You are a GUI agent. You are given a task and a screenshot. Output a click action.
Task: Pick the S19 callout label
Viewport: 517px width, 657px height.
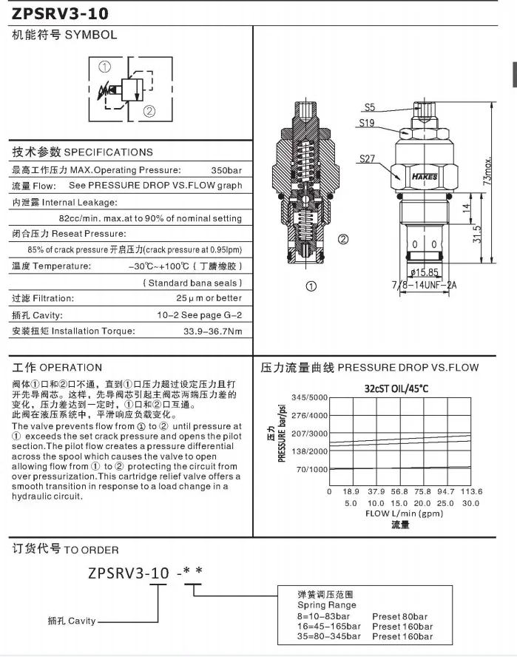pyautogui.click(x=367, y=124)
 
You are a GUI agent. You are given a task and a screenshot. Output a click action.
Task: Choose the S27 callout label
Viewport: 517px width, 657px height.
pyautogui.click(x=368, y=158)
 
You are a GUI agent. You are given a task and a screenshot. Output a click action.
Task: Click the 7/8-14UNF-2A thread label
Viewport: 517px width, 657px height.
pyautogui.click(x=423, y=285)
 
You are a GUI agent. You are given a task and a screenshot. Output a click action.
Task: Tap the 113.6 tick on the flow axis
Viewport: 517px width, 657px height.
pyautogui.click(x=471, y=491)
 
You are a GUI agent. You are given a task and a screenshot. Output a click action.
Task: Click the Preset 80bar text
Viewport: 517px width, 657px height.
pyautogui.click(x=399, y=616)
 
